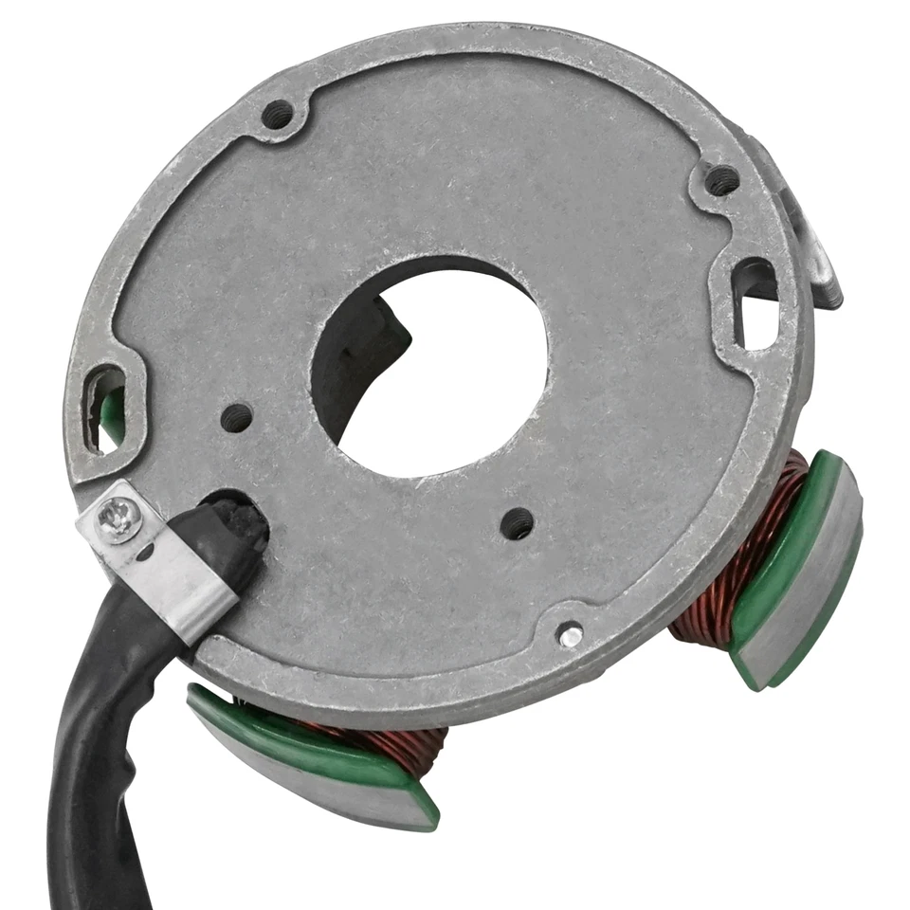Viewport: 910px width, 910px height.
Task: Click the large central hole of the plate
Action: pos(446,379)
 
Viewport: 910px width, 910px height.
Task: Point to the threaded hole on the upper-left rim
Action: pos(277,116)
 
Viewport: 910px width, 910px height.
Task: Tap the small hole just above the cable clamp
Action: pos(236,417)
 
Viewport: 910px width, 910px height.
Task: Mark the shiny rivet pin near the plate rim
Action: pos(569,636)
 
